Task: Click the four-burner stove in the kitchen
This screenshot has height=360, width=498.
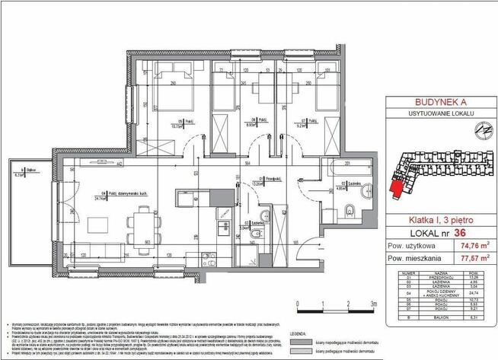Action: click(x=224, y=215)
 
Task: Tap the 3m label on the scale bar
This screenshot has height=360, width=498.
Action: click(x=372, y=302)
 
